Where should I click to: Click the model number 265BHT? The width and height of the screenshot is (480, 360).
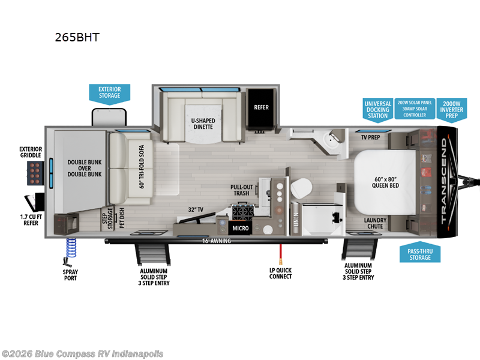click(76, 38)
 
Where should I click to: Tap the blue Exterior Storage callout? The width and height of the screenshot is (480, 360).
click(109, 92)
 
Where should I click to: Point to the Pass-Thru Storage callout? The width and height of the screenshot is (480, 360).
click(420, 254)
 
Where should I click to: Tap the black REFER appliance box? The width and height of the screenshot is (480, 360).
click(261, 107)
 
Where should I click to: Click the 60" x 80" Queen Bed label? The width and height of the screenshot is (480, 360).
click(385, 181)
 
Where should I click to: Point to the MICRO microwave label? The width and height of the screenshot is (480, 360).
click(241, 228)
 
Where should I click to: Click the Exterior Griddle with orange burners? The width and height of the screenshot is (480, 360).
click(34, 173)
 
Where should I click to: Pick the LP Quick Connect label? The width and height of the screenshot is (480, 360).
click(280, 273)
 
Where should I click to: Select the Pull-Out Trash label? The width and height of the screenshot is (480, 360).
click(241, 190)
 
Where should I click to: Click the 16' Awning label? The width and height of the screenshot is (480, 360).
click(216, 241)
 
